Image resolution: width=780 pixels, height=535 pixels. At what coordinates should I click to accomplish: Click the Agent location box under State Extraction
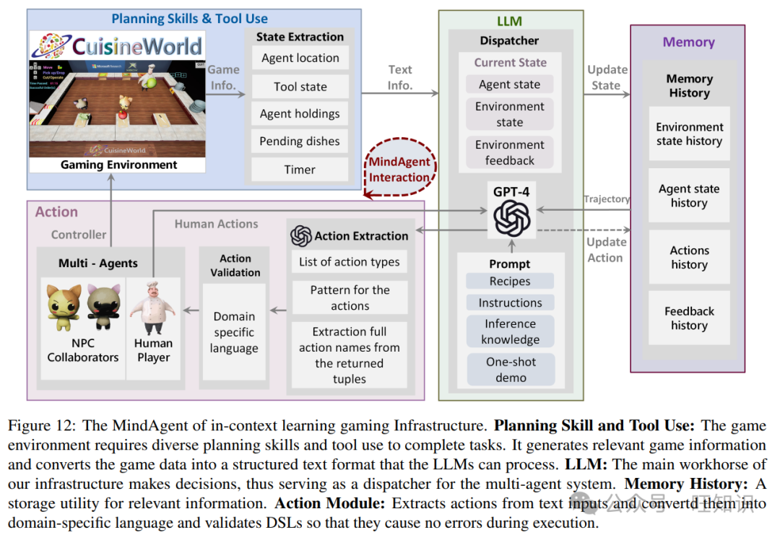pos(300,58)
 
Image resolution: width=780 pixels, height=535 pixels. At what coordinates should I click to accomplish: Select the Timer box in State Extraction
pos(300,170)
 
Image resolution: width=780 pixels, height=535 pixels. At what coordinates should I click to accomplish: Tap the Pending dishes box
pos(300,142)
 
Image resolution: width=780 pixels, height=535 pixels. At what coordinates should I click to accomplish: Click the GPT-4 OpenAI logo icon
pos(511,217)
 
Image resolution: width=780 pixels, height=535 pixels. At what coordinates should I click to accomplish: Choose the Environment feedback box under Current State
pos(510,152)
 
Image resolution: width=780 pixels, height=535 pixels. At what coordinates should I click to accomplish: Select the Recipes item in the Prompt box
pos(510,282)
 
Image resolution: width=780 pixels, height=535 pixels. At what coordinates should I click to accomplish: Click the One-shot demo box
pos(511,369)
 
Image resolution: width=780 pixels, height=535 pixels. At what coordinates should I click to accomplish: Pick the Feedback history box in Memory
pos(689,318)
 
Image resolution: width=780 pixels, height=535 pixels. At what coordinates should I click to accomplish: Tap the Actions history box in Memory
pos(689,258)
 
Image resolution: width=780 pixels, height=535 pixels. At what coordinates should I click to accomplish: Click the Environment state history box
pos(689,134)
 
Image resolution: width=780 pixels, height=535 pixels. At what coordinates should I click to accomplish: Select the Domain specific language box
pos(234,332)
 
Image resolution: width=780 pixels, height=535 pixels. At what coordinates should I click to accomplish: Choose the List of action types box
pos(350,262)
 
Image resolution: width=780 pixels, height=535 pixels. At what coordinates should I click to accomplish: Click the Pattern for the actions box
pos(350,297)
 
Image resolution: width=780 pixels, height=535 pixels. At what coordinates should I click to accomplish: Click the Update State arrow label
pos(607,77)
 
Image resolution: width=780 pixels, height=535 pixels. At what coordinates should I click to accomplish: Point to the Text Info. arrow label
pos(400,77)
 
